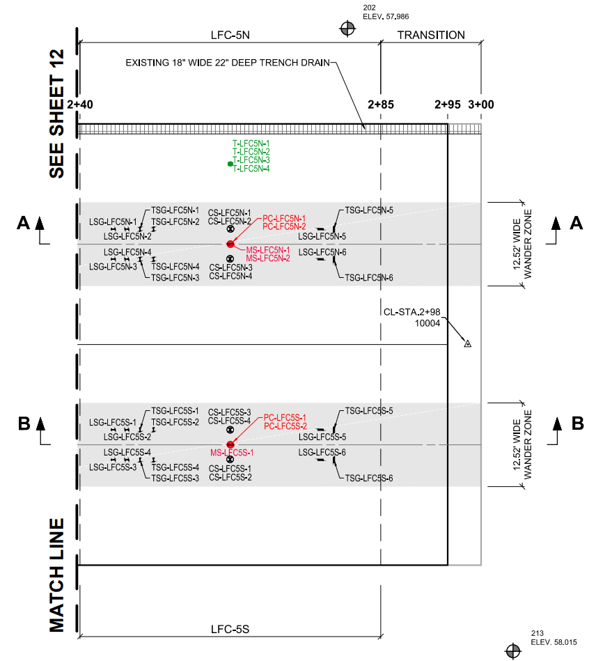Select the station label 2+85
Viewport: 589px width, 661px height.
pos(381,105)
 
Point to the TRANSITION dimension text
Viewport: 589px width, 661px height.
pos(431,35)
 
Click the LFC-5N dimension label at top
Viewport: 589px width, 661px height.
pos(230,35)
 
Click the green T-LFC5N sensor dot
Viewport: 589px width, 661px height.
pos(230,164)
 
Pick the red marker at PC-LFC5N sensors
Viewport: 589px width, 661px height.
pos(230,244)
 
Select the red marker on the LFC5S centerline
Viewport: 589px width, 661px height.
pos(230,444)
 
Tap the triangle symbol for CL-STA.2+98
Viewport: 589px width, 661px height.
pos(468,343)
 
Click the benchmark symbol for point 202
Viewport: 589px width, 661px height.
pos(347,28)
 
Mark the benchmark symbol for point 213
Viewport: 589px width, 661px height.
pos(513,650)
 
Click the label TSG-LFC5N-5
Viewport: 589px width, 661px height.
pos(370,210)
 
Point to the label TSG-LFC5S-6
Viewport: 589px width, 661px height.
pos(370,479)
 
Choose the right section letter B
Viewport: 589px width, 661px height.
pos(577,422)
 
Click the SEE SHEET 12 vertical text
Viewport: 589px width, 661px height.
pos(56,113)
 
